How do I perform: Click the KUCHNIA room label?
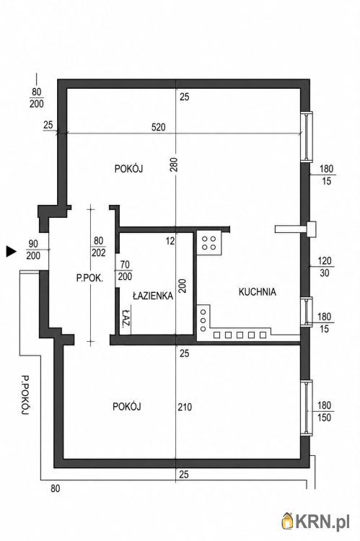pos(257,292)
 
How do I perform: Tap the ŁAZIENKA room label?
pos(153,296)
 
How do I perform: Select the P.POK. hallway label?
pos(89,278)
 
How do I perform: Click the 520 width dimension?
pos(159,127)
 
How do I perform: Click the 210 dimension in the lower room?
pos(185,407)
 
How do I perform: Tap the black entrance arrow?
pos(12,252)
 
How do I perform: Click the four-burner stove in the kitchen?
pos(208,243)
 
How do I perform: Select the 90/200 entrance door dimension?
pos(33,250)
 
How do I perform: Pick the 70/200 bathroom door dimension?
pos(125,270)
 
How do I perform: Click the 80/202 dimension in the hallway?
pos(98,247)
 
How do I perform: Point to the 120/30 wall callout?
pos(325,267)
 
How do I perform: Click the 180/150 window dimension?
pos(325,411)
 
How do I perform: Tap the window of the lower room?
pos(307,408)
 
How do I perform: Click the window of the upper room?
pos(307,136)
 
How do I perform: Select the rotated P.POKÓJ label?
pos(24,395)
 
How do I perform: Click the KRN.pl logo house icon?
pos(287,521)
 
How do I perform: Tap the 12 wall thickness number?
pos(170,241)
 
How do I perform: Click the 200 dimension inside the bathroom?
pos(183,286)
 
